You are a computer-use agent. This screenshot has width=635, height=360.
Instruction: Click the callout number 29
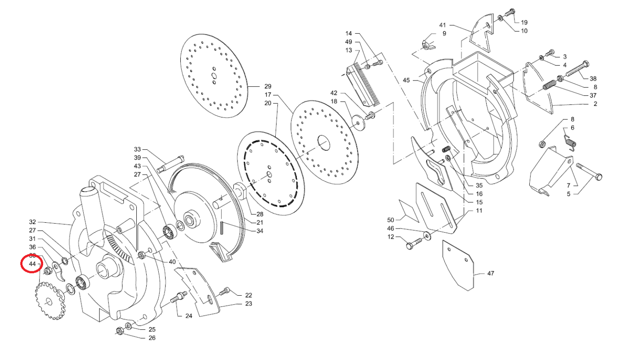click(268, 86)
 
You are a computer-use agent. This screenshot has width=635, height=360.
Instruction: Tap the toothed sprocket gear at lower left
click(50, 301)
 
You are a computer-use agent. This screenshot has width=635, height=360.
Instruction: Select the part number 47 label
click(490, 273)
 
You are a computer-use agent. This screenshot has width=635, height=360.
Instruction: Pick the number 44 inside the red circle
click(32, 264)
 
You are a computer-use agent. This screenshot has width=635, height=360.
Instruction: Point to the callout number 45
click(407, 80)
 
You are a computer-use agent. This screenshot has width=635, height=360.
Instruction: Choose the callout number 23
click(248, 304)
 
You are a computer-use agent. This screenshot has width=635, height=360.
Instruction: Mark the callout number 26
click(152, 337)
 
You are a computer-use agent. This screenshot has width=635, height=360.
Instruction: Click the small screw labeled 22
click(224, 292)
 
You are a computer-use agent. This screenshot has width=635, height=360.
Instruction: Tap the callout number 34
click(259, 231)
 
